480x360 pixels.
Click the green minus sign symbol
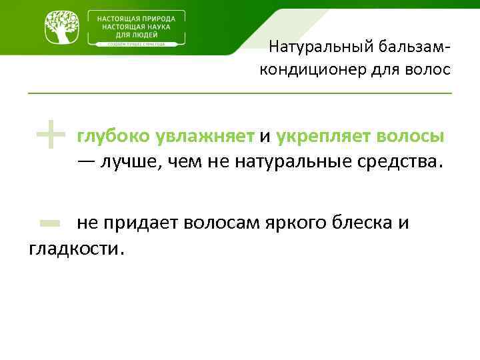point(50,223)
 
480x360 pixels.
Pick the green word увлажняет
point(205,137)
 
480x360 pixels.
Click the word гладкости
point(76,249)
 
